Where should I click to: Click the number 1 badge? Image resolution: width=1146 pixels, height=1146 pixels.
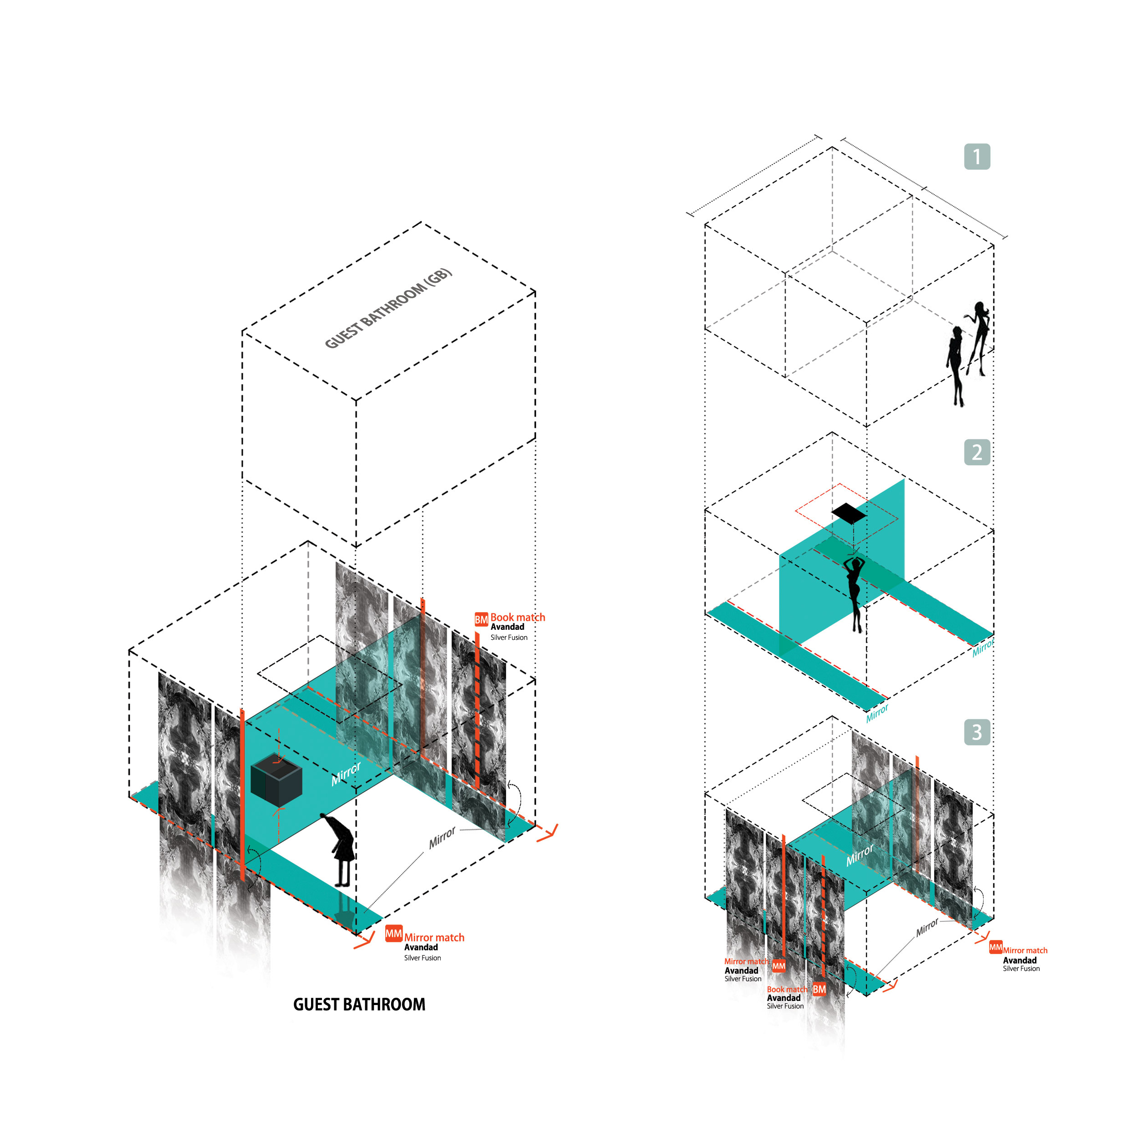[977, 156]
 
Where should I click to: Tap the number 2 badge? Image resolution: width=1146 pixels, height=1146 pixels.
[977, 452]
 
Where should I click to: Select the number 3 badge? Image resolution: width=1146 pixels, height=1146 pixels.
[977, 732]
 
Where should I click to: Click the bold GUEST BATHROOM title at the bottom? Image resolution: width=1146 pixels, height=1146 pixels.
[359, 1004]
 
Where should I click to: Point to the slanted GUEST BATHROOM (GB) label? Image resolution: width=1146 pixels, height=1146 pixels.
[388, 308]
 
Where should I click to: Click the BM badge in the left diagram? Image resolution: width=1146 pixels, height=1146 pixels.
[481, 620]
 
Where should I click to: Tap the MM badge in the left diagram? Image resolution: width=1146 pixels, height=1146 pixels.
[393, 934]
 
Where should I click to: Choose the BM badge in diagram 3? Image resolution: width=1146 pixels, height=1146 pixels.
[819, 989]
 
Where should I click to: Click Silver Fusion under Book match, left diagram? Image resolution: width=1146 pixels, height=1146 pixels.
[508, 638]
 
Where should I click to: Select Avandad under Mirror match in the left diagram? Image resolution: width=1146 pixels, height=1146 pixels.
[421, 947]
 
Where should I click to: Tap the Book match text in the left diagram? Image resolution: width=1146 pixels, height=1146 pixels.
[517, 617]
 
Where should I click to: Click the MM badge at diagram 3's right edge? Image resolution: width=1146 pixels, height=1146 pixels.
[995, 947]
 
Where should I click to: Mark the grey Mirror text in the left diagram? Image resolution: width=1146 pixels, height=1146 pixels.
[442, 837]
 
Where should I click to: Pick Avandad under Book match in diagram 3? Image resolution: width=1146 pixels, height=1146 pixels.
[783, 998]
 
